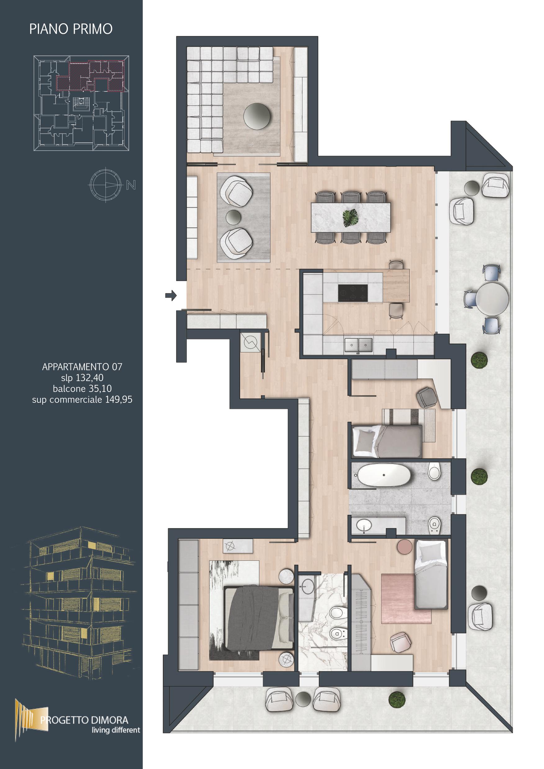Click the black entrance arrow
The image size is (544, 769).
click(x=171, y=296)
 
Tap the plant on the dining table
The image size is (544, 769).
click(x=351, y=218)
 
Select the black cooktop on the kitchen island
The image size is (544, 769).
click(x=353, y=292)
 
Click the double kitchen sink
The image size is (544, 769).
click(x=359, y=345)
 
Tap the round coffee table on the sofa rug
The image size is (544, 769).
click(x=257, y=116)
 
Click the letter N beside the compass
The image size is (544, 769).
click(x=131, y=185)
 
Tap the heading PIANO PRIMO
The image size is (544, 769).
click(x=71, y=29)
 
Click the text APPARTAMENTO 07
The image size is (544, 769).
click(x=82, y=367)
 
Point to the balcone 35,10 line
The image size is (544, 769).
click(x=82, y=389)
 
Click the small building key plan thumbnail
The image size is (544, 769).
click(x=81, y=103)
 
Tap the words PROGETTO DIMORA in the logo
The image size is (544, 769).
click(x=84, y=720)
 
